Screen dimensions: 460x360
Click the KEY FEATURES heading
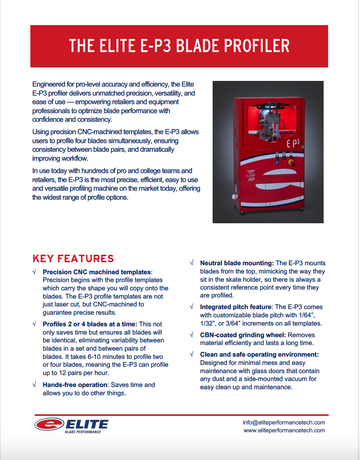coord(73,258)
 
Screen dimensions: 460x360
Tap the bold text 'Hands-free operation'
coord(75,385)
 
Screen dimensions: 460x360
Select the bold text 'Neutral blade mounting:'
coord(237,263)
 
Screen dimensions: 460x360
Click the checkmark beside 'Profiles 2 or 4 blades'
coord(34,324)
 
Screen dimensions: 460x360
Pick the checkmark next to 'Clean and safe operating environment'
coord(192,354)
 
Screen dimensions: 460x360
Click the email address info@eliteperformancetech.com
coord(283,423)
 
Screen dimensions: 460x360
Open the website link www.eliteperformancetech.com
coord(284,430)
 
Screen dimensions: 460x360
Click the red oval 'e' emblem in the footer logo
coord(49,424)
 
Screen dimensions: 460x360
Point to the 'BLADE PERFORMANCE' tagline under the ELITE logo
coord(83,432)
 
